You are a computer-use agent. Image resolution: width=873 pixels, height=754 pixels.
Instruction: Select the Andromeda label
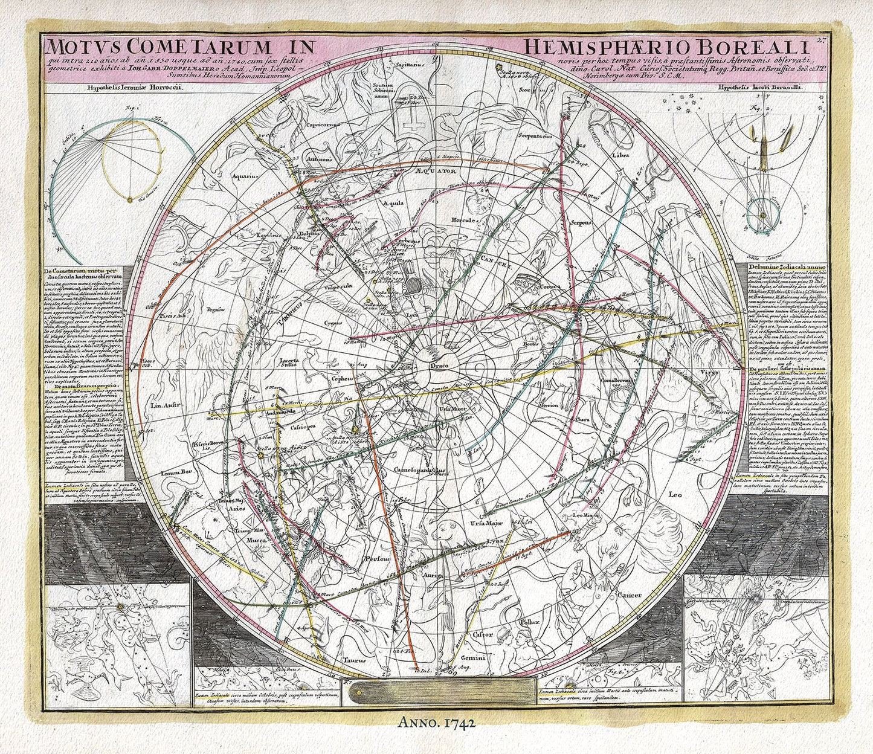point(317,412)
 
